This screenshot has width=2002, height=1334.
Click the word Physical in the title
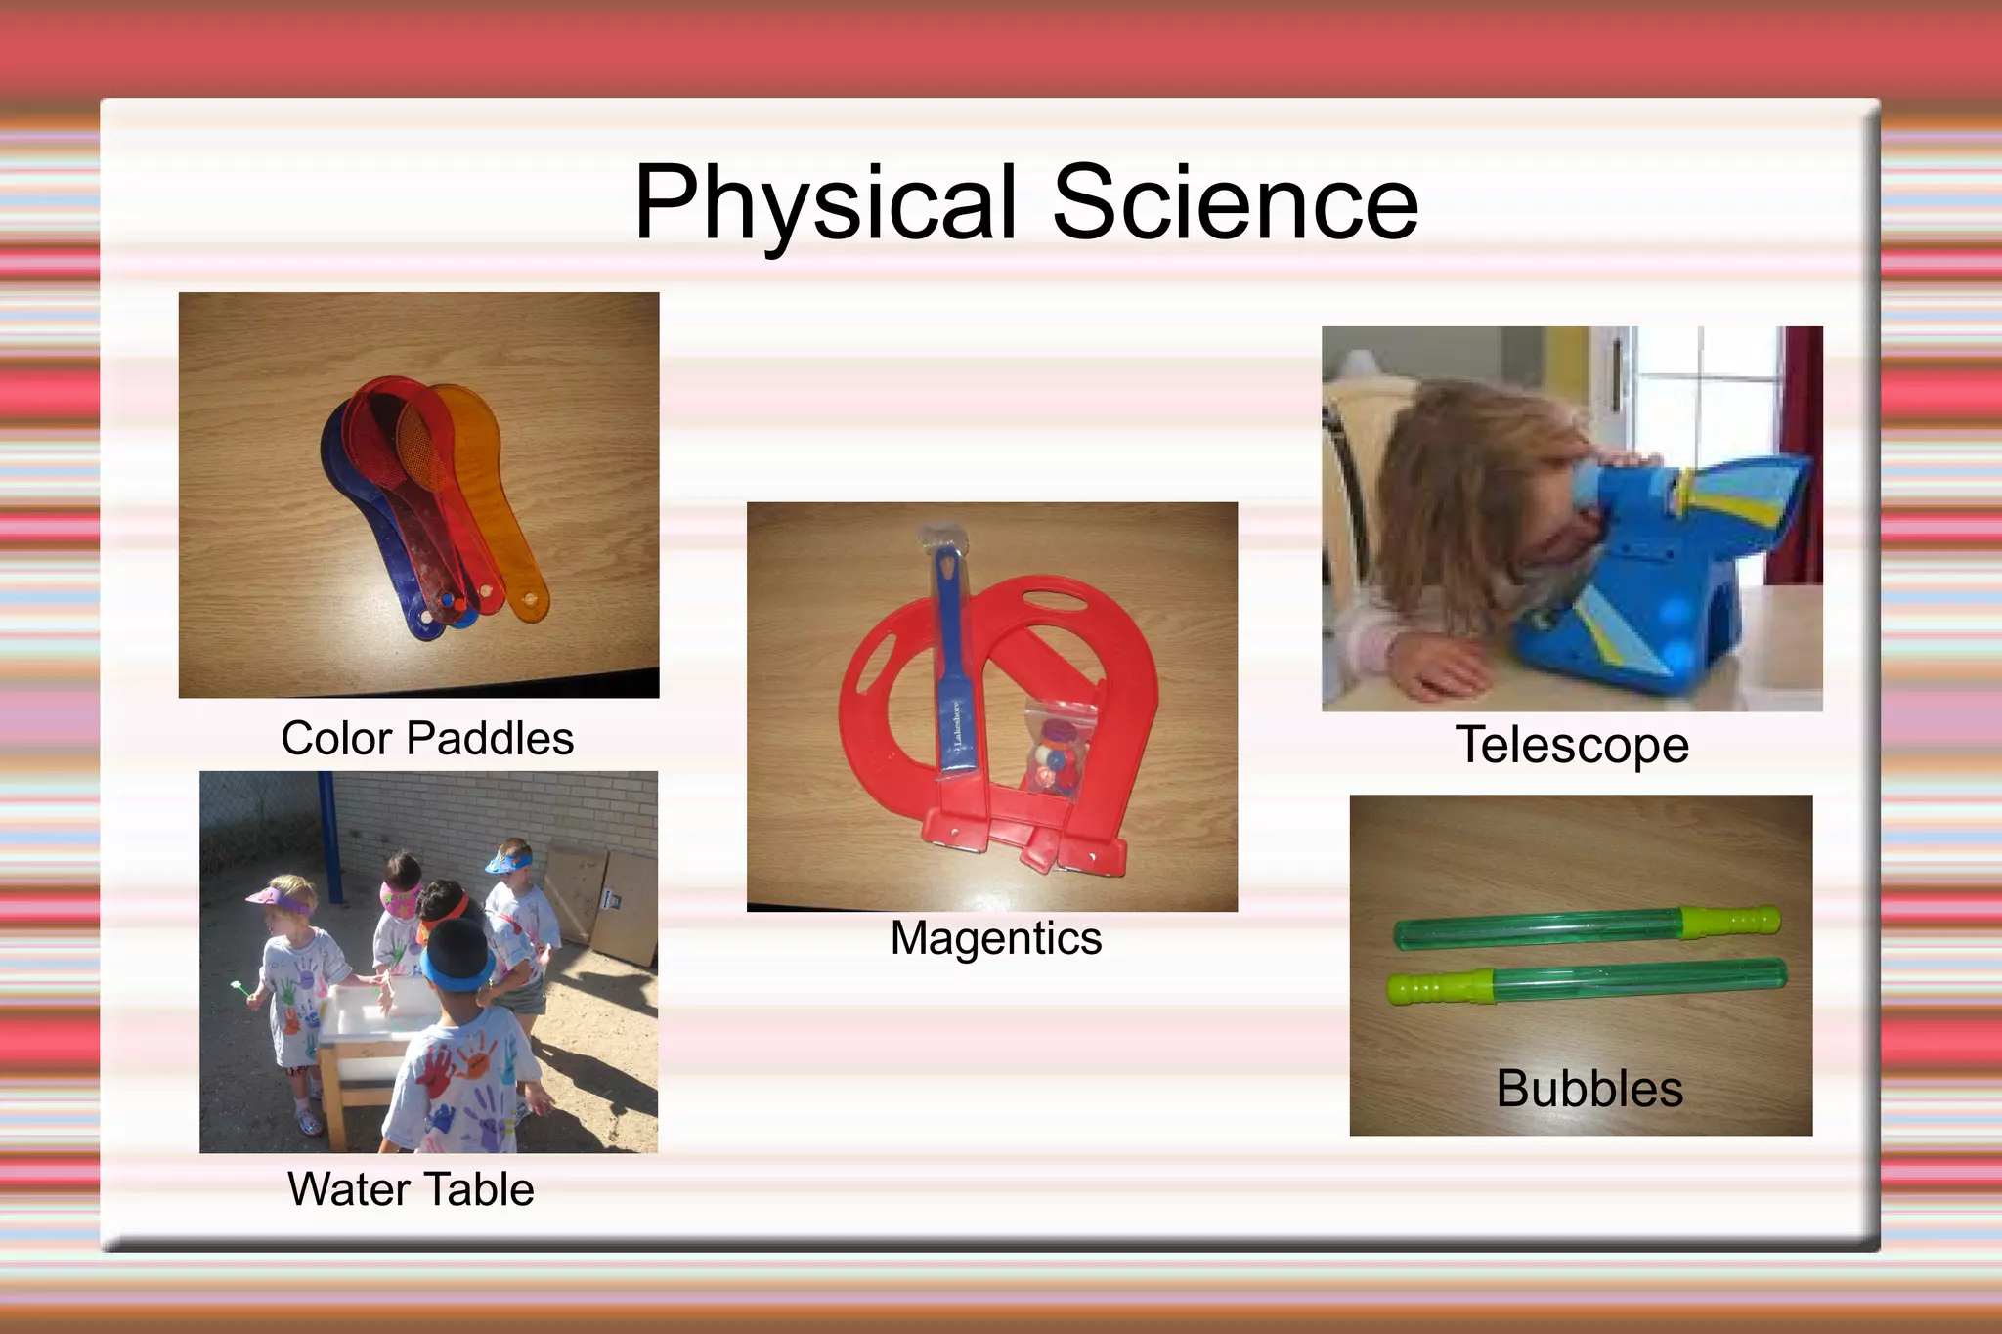click(x=826, y=203)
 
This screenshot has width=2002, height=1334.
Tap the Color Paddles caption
click(x=427, y=739)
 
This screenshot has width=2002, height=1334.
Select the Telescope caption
click(x=1572, y=746)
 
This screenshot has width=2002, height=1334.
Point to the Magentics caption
click(x=995, y=938)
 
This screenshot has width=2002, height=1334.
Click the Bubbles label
click(x=1589, y=1089)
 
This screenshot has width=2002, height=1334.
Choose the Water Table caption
click(x=411, y=1189)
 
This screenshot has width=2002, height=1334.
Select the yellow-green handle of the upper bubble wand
click(x=1730, y=921)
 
